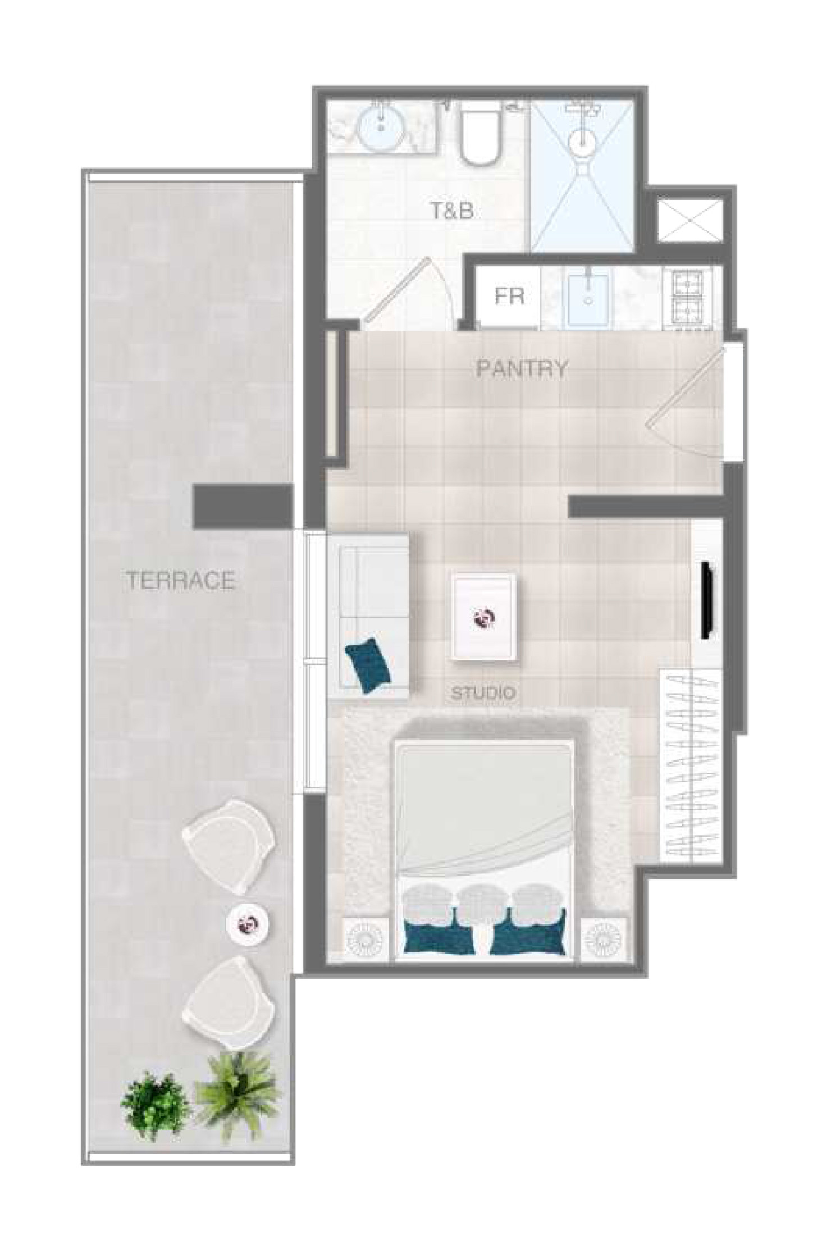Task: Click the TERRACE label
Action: click(x=180, y=580)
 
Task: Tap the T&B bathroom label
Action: click(x=451, y=211)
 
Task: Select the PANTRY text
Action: click(x=522, y=369)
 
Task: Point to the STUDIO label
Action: click(x=483, y=693)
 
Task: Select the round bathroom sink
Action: click(x=382, y=126)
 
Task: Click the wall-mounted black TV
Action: click(x=707, y=601)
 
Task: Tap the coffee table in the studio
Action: click(x=483, y=617)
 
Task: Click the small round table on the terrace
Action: click(x=249, y=922)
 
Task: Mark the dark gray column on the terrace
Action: click(x=243, y=506)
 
